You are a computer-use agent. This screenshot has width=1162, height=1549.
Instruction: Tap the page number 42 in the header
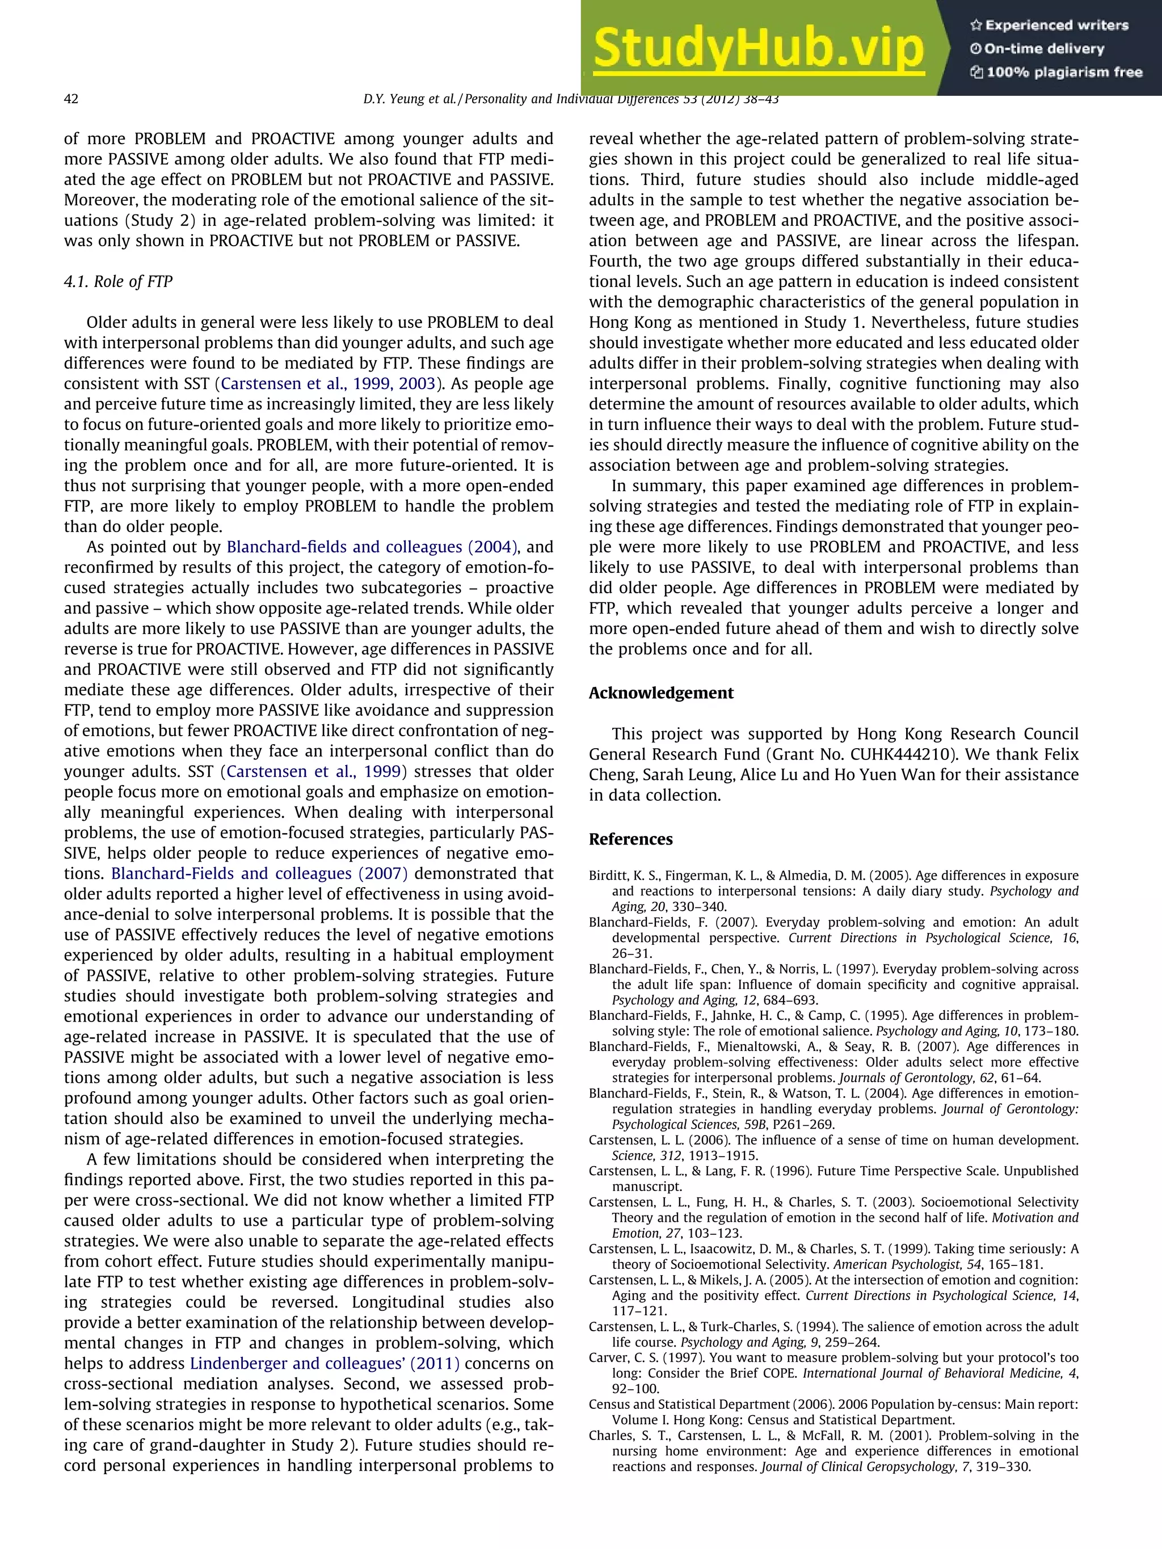coord(71,99)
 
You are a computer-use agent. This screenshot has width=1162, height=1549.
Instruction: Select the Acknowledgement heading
coord(660,693)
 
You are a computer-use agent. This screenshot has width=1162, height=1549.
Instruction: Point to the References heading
coord(630,839)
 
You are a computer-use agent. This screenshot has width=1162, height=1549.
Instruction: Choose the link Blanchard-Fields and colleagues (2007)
coord(259,873)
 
